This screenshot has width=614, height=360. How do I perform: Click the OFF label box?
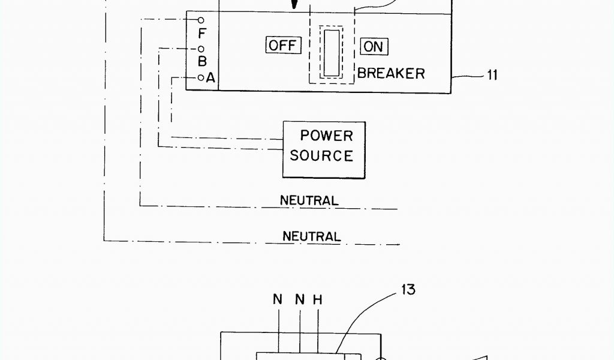tap(283, 46)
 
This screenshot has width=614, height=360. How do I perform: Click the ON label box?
tap(374, 46)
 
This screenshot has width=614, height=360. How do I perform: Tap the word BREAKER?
tap(392, 73)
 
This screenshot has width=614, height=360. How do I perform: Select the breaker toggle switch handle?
tap(332, 53)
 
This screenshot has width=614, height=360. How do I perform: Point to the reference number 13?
tap(408, 290)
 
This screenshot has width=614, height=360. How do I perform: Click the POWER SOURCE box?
tap(324, 149)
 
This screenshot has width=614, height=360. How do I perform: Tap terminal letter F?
tap(201, 34)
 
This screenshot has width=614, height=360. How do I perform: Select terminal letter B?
tap(202, 61)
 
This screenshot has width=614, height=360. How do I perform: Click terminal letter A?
tap(210, 77)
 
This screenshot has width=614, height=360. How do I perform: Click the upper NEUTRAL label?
tap(309, 200)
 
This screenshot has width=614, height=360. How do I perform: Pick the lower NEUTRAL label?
tap(311, 236)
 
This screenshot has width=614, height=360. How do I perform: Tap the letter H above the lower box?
tap(318, 299)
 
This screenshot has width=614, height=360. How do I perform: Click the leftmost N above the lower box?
tap(278, 299)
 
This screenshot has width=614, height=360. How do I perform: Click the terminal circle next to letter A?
tap(201, 77)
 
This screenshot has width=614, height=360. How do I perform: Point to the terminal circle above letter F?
tap(201, 20)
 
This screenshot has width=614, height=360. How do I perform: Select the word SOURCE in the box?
tap(321, 156)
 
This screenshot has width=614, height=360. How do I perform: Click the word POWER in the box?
tap(326, 136)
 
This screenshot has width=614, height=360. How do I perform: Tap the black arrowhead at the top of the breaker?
tap(294, 5)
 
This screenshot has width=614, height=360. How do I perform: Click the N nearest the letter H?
tap(300, 299)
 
